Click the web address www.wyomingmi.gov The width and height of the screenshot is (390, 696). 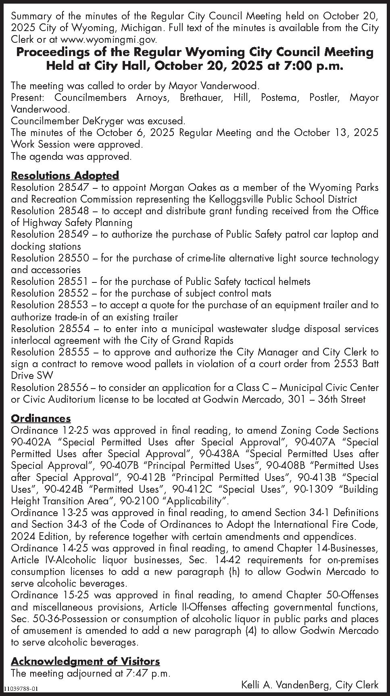point(108,40)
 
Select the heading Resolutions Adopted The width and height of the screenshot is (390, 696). point(65,176)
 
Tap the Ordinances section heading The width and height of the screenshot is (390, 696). point(41,418)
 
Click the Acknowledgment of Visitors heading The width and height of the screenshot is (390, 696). point(85,661)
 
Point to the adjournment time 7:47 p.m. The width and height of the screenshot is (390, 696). point(147,673)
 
